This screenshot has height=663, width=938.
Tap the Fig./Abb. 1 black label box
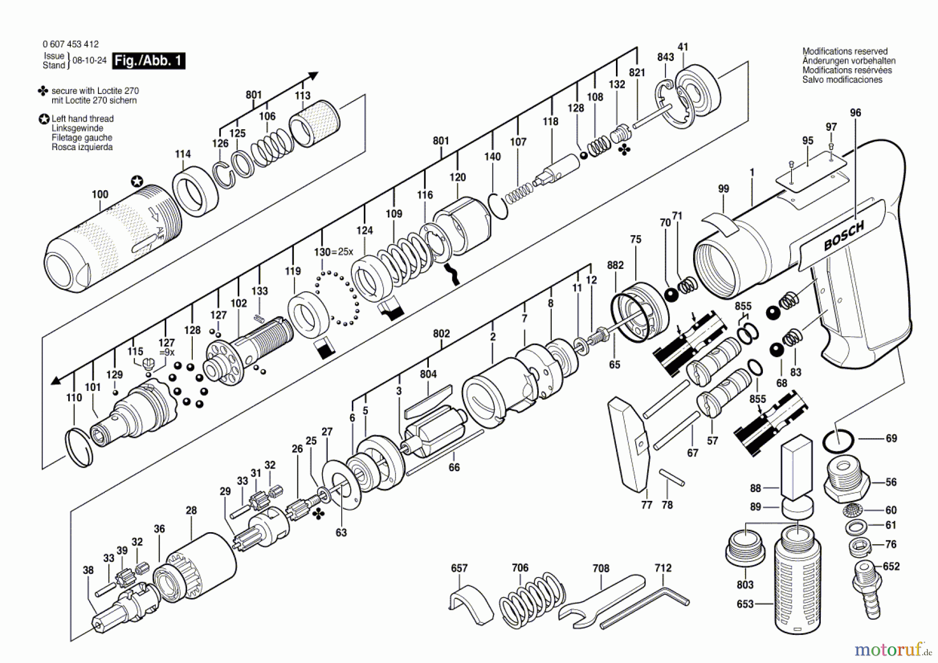149,61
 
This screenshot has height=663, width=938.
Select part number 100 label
100,194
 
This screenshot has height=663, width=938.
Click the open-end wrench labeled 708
599,599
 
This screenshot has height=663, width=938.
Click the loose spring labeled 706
532,599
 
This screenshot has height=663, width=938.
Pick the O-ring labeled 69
838,441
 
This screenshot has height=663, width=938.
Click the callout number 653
745,604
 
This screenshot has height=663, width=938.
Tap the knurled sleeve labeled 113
314,123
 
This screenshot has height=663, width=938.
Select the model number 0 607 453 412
70,44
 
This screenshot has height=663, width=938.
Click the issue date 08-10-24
89,60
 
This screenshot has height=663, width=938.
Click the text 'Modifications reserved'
845,51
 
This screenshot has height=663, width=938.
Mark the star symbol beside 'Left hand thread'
44,119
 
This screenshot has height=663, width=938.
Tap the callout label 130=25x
334,252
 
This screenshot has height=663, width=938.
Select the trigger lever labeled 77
630,443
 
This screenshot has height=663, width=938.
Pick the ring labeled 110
80,448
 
